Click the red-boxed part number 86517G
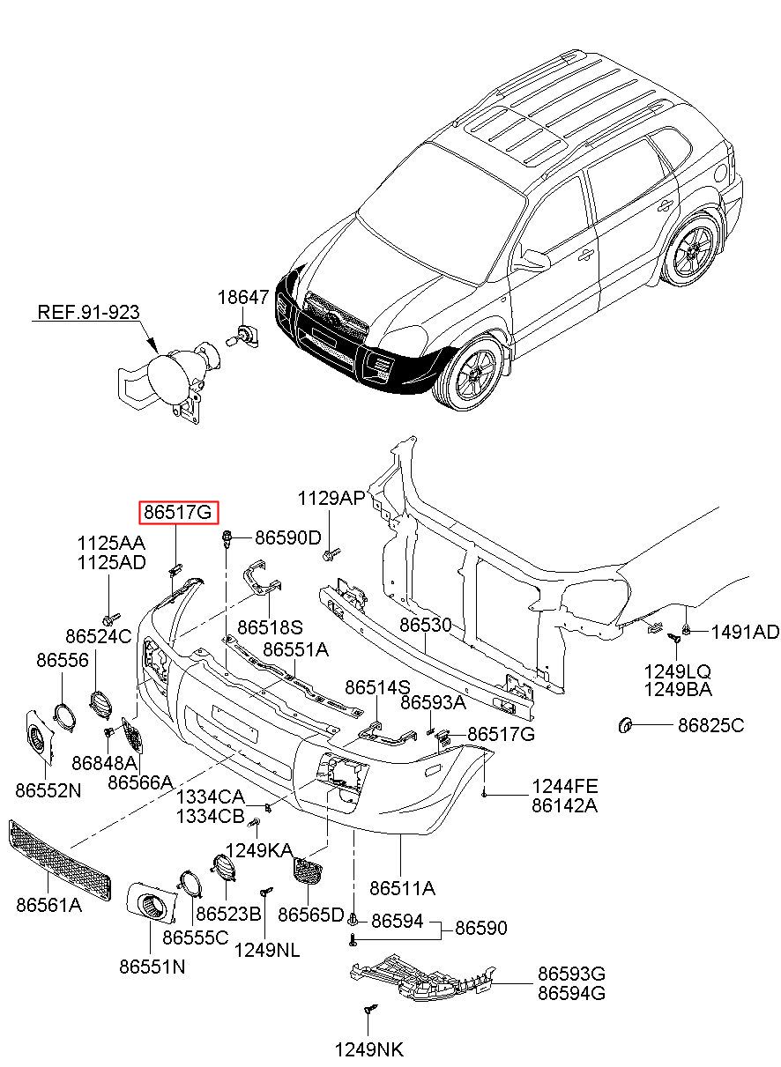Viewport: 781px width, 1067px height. click(x=178, y=511)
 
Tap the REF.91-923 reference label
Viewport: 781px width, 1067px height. click(x=88, y=313)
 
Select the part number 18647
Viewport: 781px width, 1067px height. click(x=243, y=299)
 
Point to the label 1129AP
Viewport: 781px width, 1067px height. click(x=331, y=499)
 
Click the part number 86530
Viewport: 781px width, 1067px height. click(x=426, y=625)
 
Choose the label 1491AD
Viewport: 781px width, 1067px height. click(x=745, y=632)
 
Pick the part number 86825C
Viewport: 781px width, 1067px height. click(x=710, y=725)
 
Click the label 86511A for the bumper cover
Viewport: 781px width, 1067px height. click(x=402, y=887)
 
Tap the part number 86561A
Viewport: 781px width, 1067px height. click(x=48, y=904)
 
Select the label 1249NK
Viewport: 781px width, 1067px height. click(x=368, y=1049)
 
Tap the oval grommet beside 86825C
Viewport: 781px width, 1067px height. click(x=626, y=726)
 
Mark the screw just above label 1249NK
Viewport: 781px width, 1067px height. click(x=368, y=1011)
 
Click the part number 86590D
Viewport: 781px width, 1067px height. click(x=288, y=537)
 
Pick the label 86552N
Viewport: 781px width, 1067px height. click(x=48, y=790)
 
